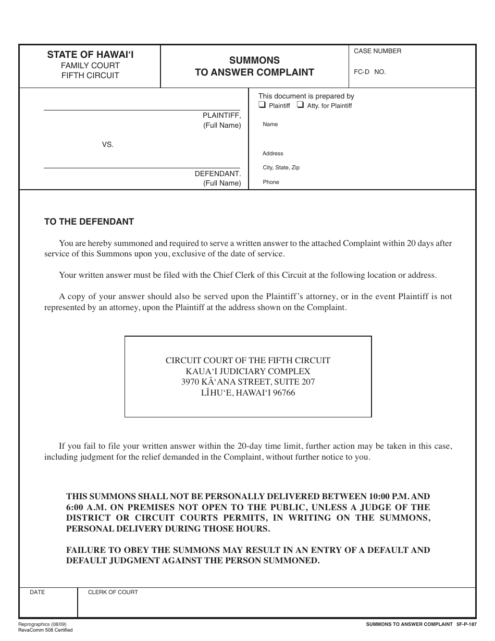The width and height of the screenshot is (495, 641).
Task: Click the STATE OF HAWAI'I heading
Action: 90,54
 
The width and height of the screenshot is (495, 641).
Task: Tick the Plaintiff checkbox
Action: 263,105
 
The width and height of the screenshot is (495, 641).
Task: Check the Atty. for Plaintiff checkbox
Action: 301,105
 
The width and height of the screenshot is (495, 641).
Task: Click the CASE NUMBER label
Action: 378,51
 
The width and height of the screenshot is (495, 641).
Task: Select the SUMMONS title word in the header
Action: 255,60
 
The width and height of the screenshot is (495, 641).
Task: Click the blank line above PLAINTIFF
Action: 142,109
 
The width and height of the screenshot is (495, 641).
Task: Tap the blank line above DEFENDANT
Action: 142,168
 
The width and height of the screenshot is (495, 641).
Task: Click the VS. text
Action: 107,144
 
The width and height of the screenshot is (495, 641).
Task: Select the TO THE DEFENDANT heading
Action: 89,221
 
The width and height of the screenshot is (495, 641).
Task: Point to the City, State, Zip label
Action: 281,168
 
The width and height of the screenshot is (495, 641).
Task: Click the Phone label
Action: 271,182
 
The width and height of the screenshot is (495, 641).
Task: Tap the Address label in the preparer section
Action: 273,154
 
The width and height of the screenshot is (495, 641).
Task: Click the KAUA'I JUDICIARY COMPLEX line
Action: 248,372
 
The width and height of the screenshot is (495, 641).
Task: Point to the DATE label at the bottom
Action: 38,593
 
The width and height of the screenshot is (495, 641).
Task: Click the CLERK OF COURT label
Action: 113,593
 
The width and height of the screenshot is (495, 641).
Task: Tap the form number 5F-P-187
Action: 466,624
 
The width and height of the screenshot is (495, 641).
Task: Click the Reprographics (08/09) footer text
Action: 42,624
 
